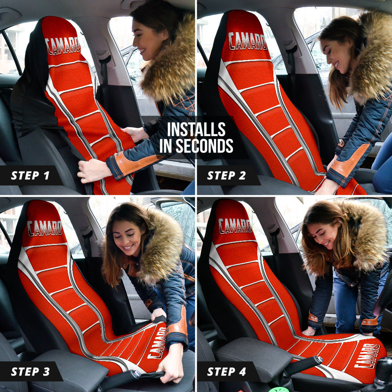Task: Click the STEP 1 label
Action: click(30, 176)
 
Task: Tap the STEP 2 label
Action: click(227, 176)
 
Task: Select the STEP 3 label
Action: click(30, 371)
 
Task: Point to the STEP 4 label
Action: click(227, 371)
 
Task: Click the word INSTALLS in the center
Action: click(196, 130)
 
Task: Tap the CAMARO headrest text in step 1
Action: click(63, 45)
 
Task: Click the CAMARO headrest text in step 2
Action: click(248, 41)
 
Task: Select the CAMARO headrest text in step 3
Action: click(44, 228)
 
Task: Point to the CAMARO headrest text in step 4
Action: click(235, 226)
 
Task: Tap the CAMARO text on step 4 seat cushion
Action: click(367, 356)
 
